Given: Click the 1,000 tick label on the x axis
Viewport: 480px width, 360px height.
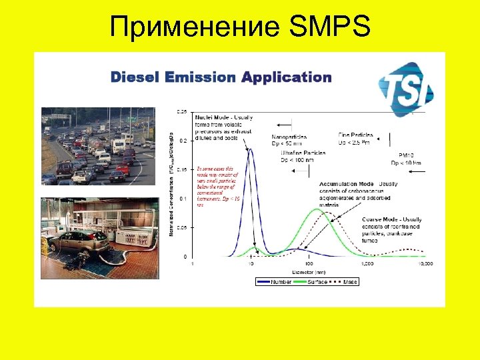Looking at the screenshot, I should pyautogui.click(x=367, y=264).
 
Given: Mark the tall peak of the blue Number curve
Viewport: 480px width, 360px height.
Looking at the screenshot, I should pyautogui.click(x=250, y=150).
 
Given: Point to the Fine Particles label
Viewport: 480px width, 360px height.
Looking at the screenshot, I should pyautogui.click(x=355, y=135).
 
